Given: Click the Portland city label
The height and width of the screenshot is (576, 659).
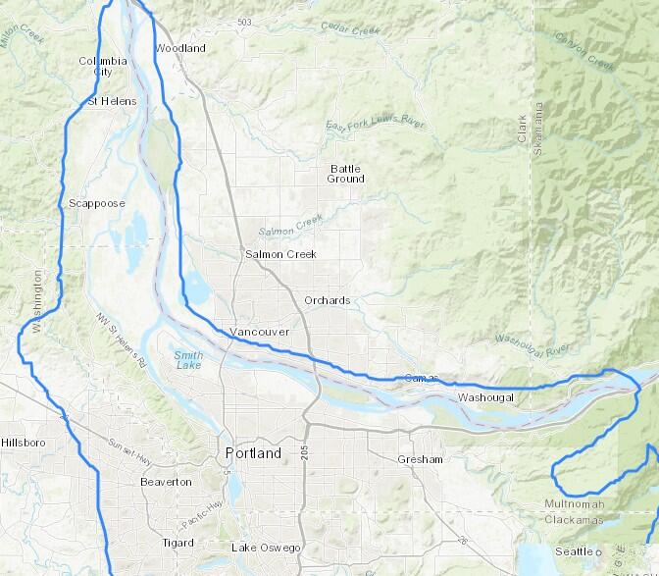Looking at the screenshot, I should tap(252, 453).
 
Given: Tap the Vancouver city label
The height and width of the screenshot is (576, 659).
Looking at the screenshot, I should tap(259, 333).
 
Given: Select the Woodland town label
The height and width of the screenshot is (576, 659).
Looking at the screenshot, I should tap(180, 48).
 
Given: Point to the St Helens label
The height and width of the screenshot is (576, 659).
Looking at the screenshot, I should tap(112, 101).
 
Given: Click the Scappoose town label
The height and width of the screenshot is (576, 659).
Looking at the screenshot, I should tap(97, 203).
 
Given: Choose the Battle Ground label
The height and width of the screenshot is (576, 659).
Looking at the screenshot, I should tap(346, 174).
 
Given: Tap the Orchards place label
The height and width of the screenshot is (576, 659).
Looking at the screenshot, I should tap(327, 300).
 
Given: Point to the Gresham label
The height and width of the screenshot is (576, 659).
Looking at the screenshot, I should tap(421, 459).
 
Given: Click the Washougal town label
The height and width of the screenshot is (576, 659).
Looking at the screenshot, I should tap(484, 397).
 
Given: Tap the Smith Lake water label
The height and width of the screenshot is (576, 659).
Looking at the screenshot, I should tap(188, 359).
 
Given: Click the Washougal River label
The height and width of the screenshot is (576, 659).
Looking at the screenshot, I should tap(532, 342).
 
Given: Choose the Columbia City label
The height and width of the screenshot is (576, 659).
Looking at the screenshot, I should tap(103, 66).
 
